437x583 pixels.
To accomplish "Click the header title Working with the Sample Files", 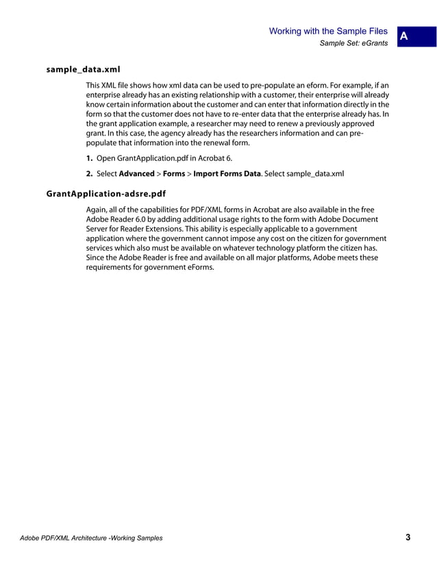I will click(329, 31).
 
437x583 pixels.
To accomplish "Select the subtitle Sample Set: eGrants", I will click(353, 44).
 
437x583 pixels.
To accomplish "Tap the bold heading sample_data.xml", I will click(83, 70).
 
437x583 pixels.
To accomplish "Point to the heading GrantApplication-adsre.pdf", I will click(105, 194).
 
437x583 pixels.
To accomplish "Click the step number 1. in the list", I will click(90, 158).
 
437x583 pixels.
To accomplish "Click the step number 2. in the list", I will click(90, 174).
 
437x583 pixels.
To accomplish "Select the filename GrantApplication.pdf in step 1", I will click(152, 158).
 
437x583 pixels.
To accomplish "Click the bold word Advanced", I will click(137, 174).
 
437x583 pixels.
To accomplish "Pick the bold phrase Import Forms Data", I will click(227, 174).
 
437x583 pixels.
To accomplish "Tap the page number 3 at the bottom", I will click(408, 538).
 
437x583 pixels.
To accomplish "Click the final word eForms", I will click(198, 267).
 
